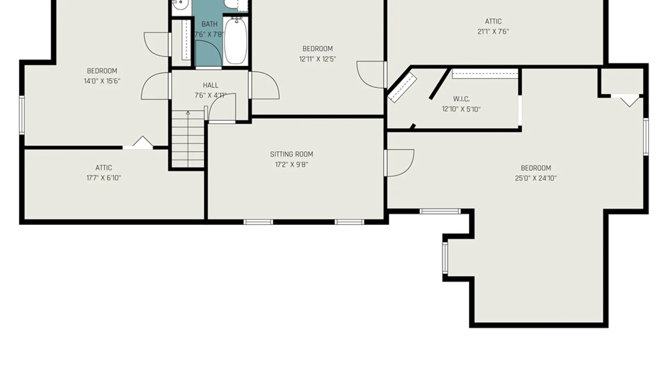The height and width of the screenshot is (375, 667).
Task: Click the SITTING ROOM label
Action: click(x=291, y=154)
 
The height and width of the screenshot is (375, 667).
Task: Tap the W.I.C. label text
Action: click(x=461, y=99)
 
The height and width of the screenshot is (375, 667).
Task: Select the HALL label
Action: click(x=211, y=85)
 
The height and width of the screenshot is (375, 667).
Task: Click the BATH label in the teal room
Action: click(x=209, y=24)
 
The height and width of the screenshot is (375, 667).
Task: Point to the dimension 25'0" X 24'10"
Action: click(x=536, y=178)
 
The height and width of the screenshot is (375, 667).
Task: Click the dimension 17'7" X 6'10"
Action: click(x=104, y=178)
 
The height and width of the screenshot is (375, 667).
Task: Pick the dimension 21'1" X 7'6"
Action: click(x=493, y=31)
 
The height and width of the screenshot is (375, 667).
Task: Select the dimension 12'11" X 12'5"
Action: click(x=318, y=59)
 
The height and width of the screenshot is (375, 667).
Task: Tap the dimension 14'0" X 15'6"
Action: click(x=102, y=81)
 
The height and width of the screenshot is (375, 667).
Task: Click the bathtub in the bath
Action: click(x=236, y=40)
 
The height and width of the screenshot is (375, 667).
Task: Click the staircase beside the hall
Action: click(x=188, y=139)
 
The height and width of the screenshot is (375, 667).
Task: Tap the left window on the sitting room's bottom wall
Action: click(x=258, y=222)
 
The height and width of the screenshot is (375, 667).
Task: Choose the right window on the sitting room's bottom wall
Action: click(x=349, y=222)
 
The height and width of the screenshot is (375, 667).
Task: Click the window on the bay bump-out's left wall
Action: click(x=445, y=257)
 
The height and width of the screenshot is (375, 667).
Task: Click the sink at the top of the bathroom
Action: click(x=180, y=5)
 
